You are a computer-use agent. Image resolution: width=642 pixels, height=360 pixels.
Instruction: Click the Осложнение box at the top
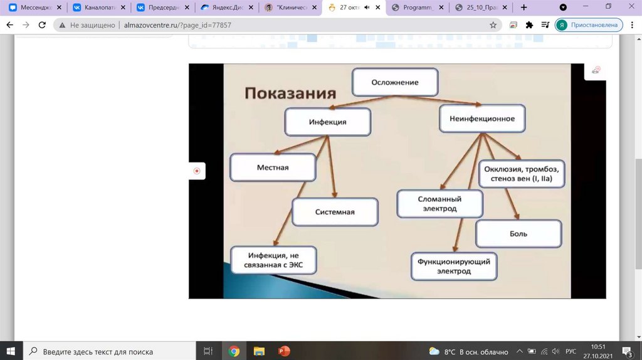tap(394, 82)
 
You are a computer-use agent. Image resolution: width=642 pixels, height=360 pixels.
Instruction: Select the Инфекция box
tap(327, 122)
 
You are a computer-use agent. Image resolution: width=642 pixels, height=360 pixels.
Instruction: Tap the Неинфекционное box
tap(481, 119)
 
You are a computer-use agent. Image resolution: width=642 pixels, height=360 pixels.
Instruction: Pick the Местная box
tap(272, 167)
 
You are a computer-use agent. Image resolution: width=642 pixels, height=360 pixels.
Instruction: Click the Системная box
tap(335, 212)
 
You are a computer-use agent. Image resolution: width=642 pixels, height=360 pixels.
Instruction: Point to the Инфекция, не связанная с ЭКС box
tap(273, 260)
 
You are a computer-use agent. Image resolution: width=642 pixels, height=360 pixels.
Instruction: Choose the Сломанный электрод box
tap(439, 204)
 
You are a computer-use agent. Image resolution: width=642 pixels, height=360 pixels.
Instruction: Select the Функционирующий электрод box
tap(454, 266)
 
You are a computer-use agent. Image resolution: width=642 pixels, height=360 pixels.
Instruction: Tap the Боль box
tap(518, 234)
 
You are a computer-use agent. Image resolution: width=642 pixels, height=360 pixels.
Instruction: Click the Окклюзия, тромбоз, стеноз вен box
tap(522, 174)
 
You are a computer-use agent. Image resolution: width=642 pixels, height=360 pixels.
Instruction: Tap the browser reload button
tap(42, 25)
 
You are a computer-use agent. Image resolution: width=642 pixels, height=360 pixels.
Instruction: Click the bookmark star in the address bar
tap(493, 25)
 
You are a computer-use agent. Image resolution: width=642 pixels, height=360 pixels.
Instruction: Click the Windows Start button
tap(11, 351)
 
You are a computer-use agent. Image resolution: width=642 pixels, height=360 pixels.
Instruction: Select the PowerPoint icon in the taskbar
tap(283, 351)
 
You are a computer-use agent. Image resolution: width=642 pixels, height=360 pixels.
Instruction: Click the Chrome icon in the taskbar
tap(234, 351)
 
